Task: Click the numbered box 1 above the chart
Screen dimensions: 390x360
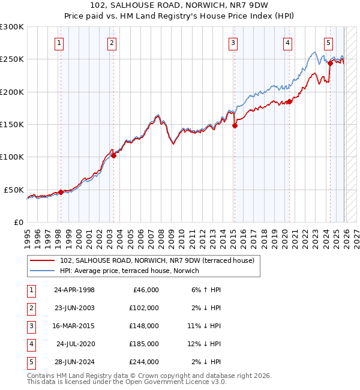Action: coord(60,43)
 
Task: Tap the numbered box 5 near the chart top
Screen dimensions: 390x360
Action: coord(329,43)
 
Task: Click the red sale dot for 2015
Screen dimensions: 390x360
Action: coord(235,125)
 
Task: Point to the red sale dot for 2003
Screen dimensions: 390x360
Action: coord(114,155)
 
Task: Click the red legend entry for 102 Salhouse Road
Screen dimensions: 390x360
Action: coord(157,260)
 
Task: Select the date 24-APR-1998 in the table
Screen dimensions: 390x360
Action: coord(74,290)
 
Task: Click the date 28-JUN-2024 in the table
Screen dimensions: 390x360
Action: coord(74,362)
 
